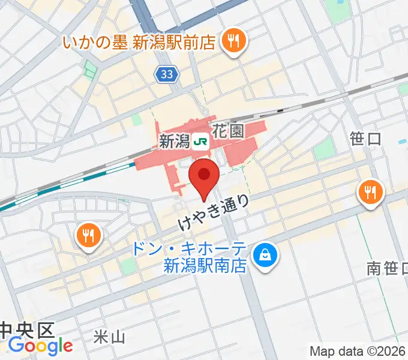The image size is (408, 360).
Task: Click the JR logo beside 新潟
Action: coord(201,142)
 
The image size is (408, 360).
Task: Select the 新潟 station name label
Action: coord(175,142)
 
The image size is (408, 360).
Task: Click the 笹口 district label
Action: coord(365,139)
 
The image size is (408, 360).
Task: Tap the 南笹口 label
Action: coord(388,268)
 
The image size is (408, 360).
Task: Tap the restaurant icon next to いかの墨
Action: coord(232,41)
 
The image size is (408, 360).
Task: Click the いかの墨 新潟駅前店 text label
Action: coord(140,43)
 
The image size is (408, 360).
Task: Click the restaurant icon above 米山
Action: coord(89,235)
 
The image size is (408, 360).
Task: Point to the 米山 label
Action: coord(110,338)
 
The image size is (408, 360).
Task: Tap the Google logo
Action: coord(40,346)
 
